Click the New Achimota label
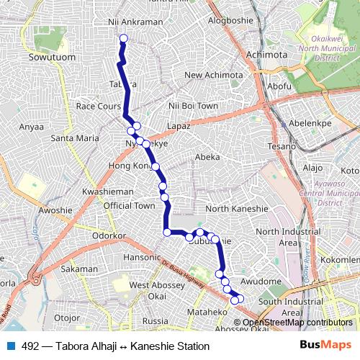pos(214,75)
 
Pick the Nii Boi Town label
pos(192,106)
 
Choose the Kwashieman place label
pos(108,192)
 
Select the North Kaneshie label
pos(237,209)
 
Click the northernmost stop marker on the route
pos(123,38)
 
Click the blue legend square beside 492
pos(9,346)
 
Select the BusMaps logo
pos(325,346)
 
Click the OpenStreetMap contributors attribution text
pos(297,323)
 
